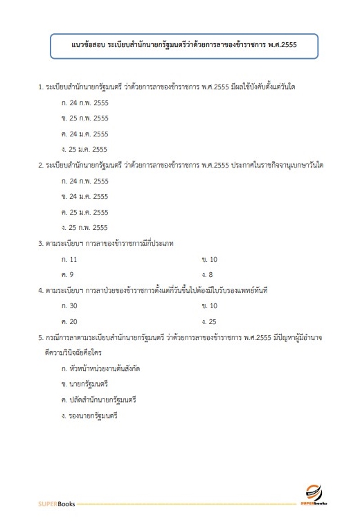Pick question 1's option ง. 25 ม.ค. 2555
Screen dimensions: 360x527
point(84,149)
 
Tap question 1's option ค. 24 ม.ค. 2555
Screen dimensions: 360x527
point(84,134)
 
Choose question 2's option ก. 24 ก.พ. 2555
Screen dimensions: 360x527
point(84,181)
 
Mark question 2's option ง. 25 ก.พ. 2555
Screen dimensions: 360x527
point(84,227)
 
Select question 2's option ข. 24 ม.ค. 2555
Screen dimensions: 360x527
point(84,196)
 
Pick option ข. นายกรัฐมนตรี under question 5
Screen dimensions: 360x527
point(85,384)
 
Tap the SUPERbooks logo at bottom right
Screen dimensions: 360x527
point(314,493)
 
